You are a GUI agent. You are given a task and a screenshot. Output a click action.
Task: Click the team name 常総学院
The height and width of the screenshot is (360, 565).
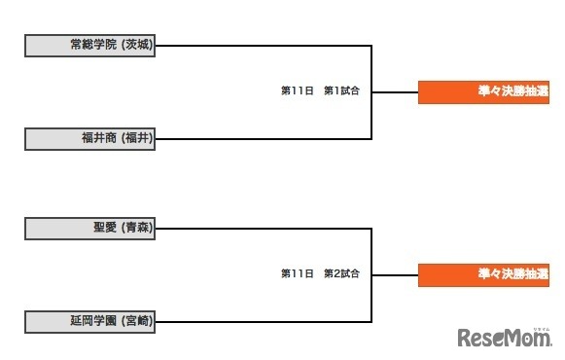[93, 45]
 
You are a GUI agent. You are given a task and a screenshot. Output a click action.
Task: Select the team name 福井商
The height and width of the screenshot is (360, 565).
[99, 138]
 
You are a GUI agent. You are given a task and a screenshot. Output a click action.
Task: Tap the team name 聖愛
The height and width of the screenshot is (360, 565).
[105, 229]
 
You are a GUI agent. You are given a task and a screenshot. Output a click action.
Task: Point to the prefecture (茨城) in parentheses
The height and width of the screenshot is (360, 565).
[137, 45]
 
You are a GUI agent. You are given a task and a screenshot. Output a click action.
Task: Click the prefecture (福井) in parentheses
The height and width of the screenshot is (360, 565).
[137, 138]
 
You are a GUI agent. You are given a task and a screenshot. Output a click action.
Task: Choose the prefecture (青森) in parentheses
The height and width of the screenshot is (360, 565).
[137, 229]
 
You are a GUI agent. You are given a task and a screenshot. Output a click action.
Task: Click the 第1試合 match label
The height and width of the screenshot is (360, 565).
[342, 91]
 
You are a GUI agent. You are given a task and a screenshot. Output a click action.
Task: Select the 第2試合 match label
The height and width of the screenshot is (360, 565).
[342, 274]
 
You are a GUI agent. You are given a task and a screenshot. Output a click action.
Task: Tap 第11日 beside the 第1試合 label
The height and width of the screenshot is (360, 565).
[298, 91]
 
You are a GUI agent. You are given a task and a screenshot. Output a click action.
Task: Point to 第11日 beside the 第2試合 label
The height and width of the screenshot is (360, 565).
[298, 274]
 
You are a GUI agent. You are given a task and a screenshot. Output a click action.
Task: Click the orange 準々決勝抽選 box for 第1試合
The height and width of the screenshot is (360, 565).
[483, 91]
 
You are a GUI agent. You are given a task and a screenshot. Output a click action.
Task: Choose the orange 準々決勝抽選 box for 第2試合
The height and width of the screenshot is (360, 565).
[483, 274]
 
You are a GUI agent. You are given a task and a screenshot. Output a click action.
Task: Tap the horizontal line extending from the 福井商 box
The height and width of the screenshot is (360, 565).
[263, 138]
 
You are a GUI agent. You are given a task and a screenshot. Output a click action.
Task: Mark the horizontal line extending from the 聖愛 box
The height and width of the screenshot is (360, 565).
[263, 229]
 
